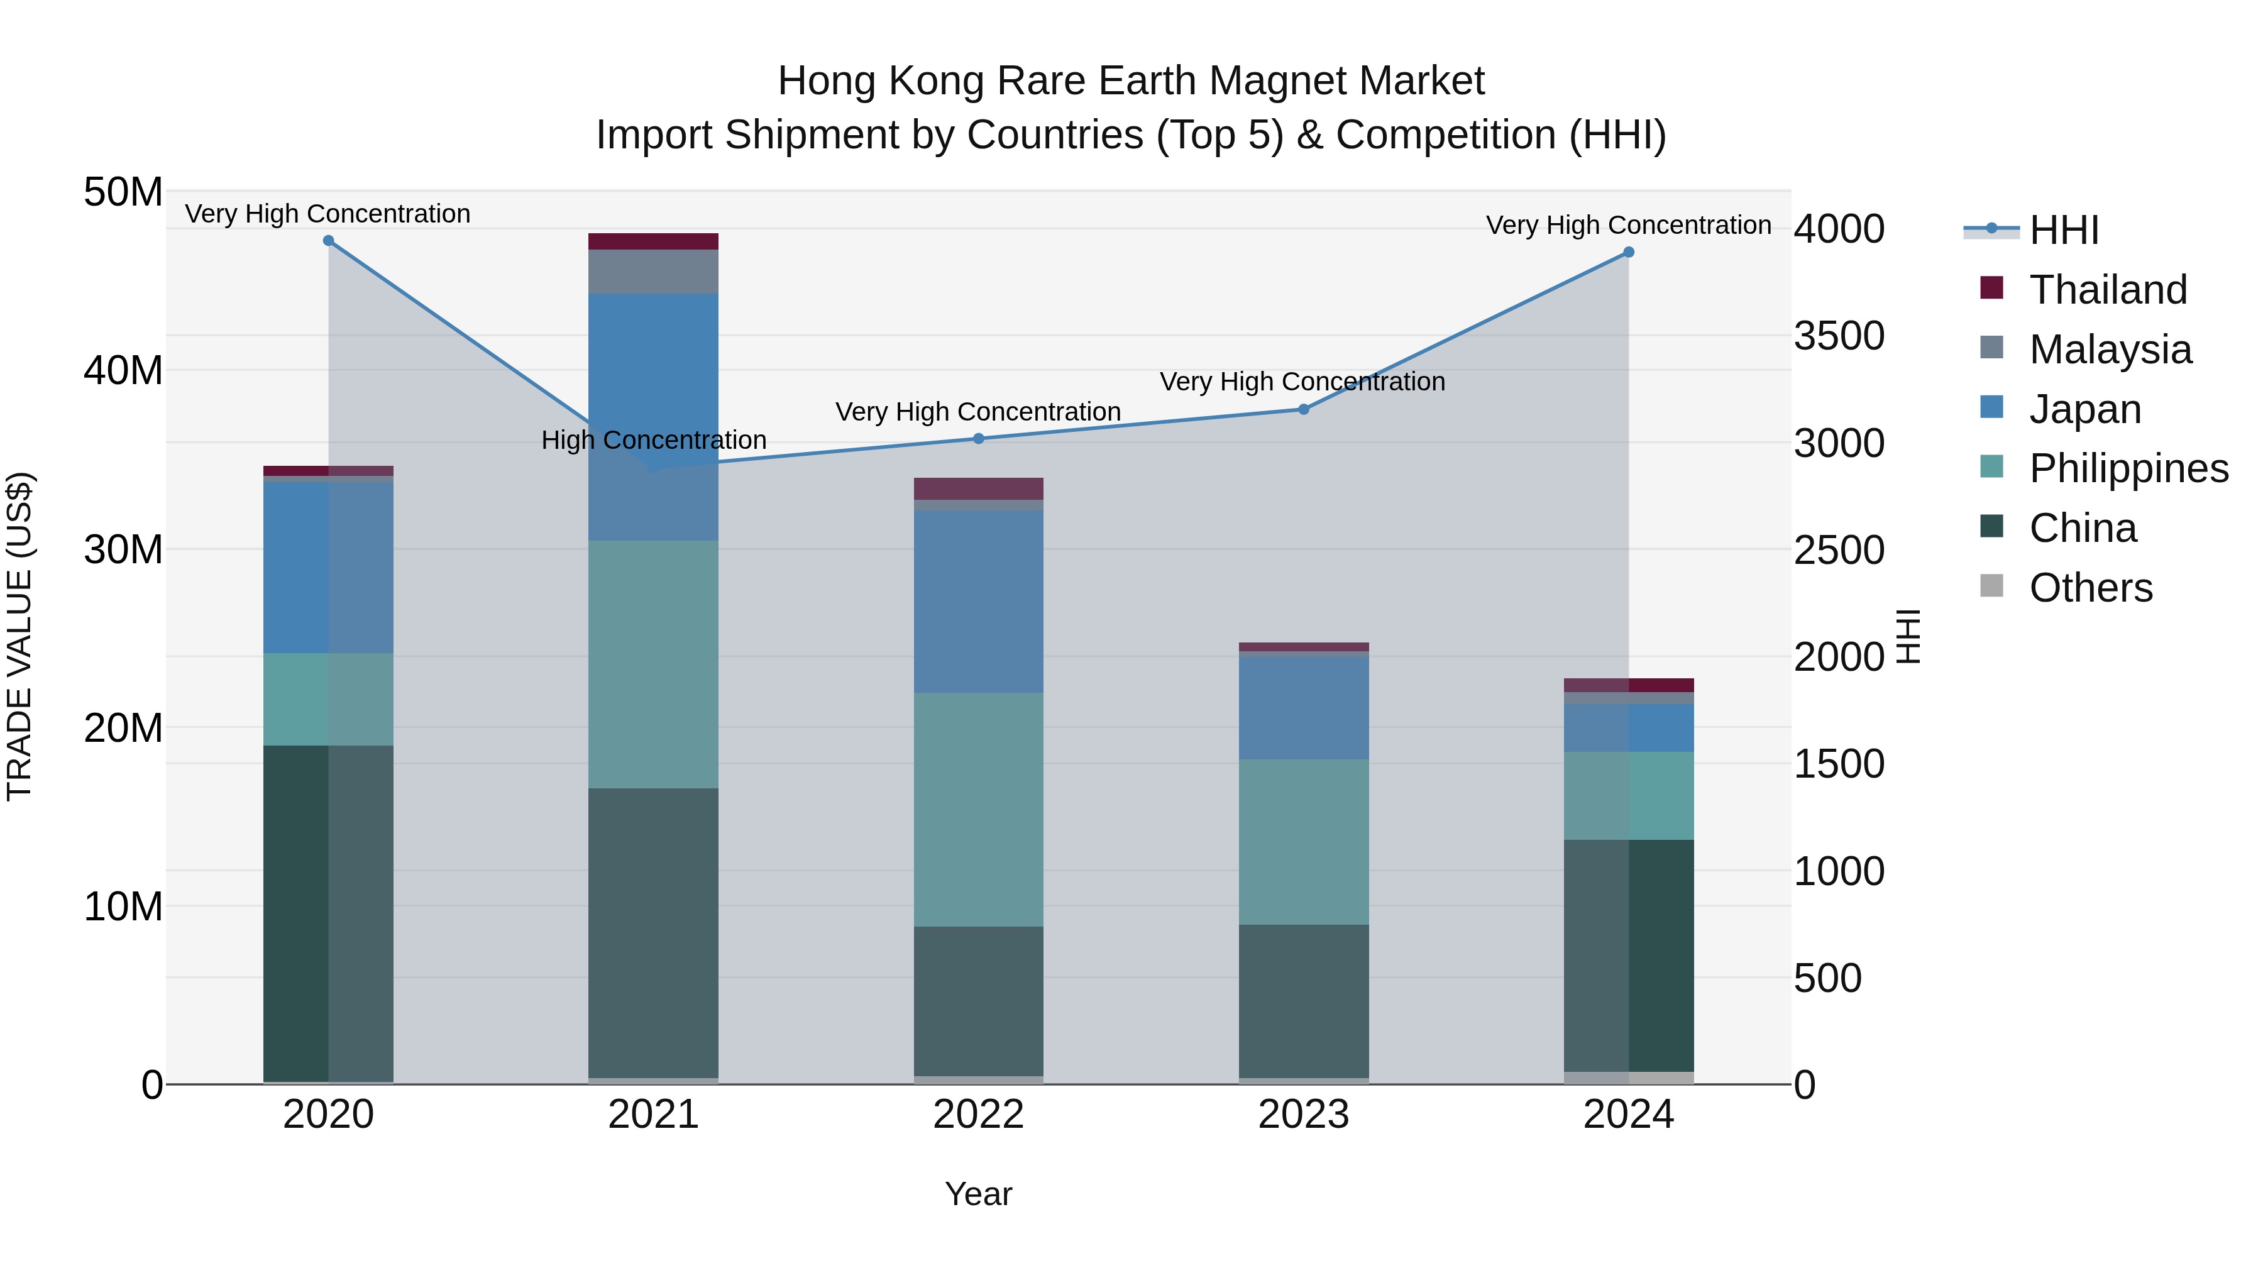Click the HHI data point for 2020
(329, 241)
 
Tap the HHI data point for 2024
(1629, 252)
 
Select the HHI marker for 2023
(1304, 409)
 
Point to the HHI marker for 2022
(979, 438)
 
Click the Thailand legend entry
(2108, 290)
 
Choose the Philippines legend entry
(2128, 468)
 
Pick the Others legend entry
(2090, 588)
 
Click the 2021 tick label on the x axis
(654, 1115)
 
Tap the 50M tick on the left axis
(123, 192)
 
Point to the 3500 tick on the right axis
(1839, 336)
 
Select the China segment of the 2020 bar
(329, 913)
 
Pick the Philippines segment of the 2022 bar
(979, 809)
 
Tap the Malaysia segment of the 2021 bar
(654, 272)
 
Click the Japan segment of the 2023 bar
(1304, 708)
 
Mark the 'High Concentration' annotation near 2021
(654, 440)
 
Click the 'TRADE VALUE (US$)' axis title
(19, 636)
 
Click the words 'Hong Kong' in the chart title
(882, 81)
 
